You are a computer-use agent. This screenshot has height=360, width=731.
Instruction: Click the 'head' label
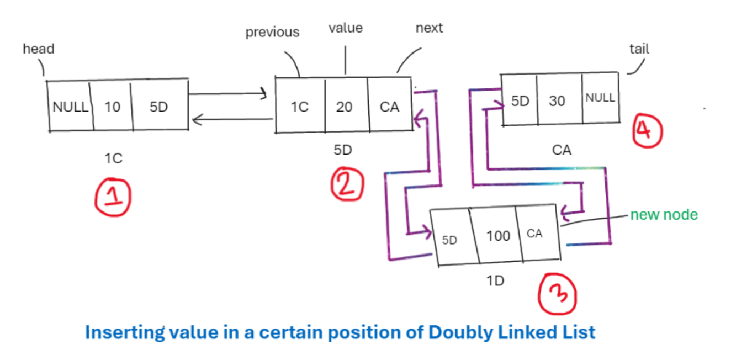tap(38, 49)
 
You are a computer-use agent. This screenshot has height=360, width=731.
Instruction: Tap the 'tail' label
tap(639, 49)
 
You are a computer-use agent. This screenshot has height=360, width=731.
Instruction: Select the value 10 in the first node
tap(112, 107)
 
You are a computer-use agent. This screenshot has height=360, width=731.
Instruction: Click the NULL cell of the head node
tap(70, 107)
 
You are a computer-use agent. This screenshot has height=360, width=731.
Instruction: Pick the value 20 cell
tap(344, 107)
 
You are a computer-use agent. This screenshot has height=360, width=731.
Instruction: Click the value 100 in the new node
tap(498, 236)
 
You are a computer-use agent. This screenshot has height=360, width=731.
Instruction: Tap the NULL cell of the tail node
tap(600, 98)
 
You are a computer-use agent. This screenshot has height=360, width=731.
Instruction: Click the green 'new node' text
tap(664, 215)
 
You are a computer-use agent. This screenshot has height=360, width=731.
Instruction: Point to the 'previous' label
tap(272, 32)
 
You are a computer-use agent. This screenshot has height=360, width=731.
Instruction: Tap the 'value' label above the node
tap(346, 28)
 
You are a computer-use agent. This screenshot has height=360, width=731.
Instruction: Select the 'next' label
tap(429, 28)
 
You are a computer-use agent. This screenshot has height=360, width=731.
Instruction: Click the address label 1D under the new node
tap(495, 280)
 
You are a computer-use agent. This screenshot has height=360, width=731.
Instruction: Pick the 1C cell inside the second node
tap(300, 107)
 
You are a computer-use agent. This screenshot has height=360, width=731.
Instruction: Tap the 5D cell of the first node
tap(158, 107)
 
